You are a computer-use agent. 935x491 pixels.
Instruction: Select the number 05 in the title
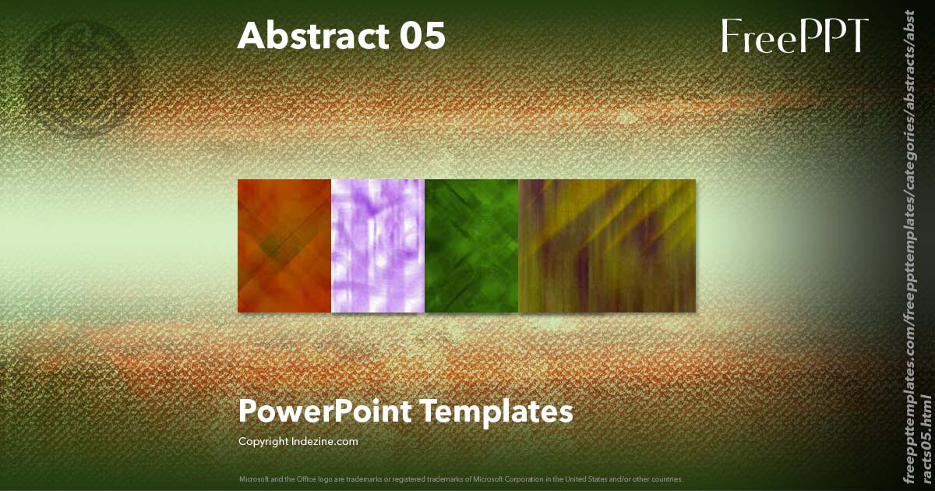click(x=423, y=36)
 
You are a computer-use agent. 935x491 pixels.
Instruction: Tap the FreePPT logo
click(x=794, y=36)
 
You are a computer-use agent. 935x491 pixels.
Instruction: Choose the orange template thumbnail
click(x=284, y=245)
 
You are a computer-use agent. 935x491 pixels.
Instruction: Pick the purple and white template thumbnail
click(x=378, y=245)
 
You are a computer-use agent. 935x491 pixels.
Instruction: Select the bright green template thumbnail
click(x=471, y=245)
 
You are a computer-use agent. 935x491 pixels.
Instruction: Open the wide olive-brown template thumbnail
click(x=607, y=245)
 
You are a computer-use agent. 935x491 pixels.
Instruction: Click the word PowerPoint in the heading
click(x=325, y=411)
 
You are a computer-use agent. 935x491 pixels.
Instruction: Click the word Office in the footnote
click(x=304, y=479)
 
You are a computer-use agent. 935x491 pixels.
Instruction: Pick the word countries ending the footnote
click(x=667, y=479)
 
